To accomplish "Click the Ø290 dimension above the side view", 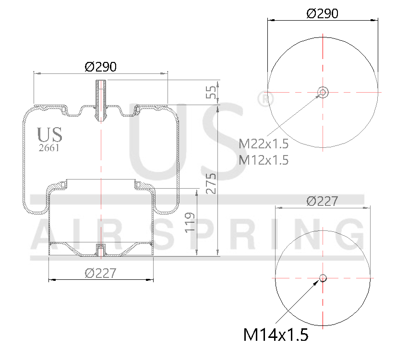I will pos(100,67).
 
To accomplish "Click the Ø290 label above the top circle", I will pos(322,13).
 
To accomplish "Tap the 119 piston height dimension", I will pos(191,222).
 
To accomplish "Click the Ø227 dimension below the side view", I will pos(100,273).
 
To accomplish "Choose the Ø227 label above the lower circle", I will pos(322,201).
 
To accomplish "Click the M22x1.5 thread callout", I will pos(264,143).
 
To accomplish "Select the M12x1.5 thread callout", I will pos(264,160).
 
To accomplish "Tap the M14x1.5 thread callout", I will pos(275,334).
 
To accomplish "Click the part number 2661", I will pos(48,148).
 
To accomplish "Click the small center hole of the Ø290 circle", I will pos(323,92).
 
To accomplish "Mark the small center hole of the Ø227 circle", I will pos(323,277).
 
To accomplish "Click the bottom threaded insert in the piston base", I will pos(100,250).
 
